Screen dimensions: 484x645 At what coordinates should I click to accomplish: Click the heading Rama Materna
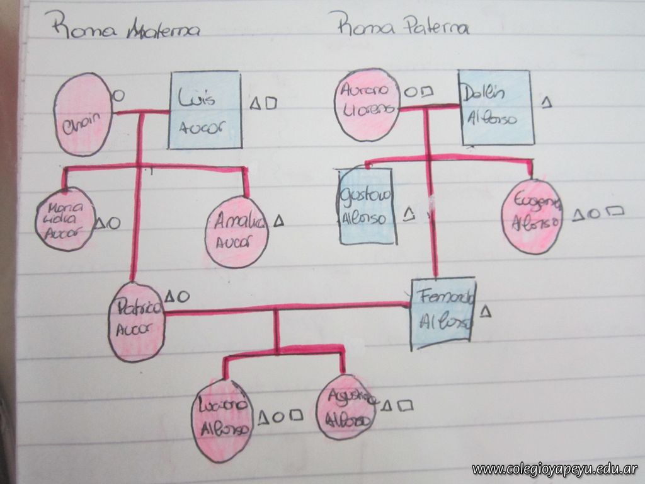point(126,28)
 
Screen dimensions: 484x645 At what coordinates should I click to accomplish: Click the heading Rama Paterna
point(403,26)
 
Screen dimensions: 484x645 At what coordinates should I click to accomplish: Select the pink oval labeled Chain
point(83,115)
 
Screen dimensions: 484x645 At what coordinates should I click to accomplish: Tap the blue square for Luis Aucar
point(205,110)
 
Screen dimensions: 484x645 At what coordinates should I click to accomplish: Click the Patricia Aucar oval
point(137,322)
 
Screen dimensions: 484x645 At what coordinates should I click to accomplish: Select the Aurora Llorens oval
point(366,105)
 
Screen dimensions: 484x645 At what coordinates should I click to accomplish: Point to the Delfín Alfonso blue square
point(497,107)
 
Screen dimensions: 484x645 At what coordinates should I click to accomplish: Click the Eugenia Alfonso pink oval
point(532,216)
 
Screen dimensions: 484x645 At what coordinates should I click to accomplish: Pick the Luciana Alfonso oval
point(222,419)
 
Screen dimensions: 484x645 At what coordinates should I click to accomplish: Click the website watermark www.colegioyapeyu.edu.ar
point(554,469)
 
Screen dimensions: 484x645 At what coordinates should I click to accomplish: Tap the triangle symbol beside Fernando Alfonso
point(485,311)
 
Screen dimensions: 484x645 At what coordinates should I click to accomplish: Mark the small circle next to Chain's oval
point(118,96)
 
